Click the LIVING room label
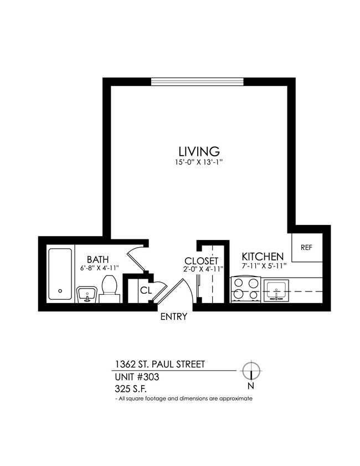tap(199, 151)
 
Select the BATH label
tap(97, 259)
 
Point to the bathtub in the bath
tap(60, 274)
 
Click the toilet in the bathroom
tap(109, 289)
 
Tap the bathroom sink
tap(85, 294)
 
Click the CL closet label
tap(146, 289)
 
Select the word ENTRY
tap(173, 318)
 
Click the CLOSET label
tap(202, 261)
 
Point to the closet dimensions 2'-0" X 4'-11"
tap(203, 270)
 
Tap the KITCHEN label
tap(263, 257)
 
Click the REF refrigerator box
tap(306, 248)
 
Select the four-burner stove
tap(246, 289)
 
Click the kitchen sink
tap(276, 290)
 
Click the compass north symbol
tap(251, 370)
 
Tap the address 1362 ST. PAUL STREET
tap(160, 364)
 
